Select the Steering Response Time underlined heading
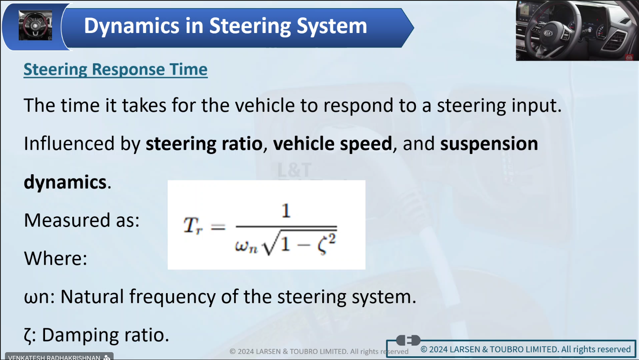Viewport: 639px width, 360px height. [116, 69]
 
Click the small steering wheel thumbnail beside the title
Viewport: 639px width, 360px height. [36, 25]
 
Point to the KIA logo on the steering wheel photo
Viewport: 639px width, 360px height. [548, 33]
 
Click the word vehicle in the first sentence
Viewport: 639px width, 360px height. [265, 105]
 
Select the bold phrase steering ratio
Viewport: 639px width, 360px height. [204, 144]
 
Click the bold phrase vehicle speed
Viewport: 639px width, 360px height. [333, 144]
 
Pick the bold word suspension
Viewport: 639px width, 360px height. [489, 144]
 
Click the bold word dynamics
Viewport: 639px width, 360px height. [65, 182]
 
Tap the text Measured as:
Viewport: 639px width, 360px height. [82, 220]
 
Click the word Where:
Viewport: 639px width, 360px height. [56, 258]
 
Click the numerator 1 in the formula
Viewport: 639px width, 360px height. [286, 211]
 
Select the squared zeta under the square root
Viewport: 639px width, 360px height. [327, 244]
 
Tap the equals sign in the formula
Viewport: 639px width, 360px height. [218, 227]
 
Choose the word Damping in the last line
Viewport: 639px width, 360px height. [80, 335]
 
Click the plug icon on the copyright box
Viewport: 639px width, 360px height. [408, 340]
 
